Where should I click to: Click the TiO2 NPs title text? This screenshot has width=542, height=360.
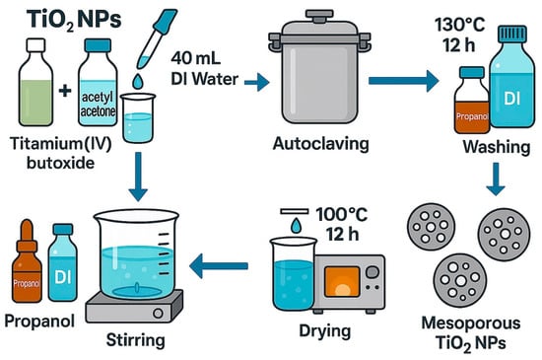74,20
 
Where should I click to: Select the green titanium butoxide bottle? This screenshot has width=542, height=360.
35,82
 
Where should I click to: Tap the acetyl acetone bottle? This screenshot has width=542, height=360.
98,82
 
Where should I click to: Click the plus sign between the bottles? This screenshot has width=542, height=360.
65,91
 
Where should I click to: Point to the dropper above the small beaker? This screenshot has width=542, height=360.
157,38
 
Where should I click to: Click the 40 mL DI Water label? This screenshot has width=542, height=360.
205,69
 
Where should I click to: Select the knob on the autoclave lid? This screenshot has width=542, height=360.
319,16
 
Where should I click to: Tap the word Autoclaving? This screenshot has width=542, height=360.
321,144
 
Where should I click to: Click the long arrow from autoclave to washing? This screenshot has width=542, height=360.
404,81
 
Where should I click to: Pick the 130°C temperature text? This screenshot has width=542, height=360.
460,25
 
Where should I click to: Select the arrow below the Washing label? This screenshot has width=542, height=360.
496,180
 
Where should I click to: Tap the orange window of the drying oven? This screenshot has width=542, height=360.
342,281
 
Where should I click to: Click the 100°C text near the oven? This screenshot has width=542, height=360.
342,214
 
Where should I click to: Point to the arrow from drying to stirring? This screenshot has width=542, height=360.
219,265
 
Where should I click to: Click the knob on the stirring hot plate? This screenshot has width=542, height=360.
158,314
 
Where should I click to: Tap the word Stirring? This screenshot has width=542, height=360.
136,340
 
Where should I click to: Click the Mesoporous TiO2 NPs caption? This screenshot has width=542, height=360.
471,333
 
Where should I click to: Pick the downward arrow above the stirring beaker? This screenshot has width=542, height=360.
138,177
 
